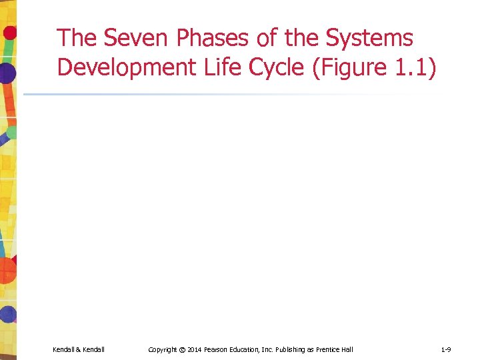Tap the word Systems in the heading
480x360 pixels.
pos(369,39)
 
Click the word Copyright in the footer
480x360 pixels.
pos(163,349)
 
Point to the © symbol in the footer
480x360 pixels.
pos(183,349)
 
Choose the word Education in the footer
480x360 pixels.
pos(251,349)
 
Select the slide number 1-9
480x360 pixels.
pos(446,349)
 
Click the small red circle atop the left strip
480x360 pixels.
pos(9,31)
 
